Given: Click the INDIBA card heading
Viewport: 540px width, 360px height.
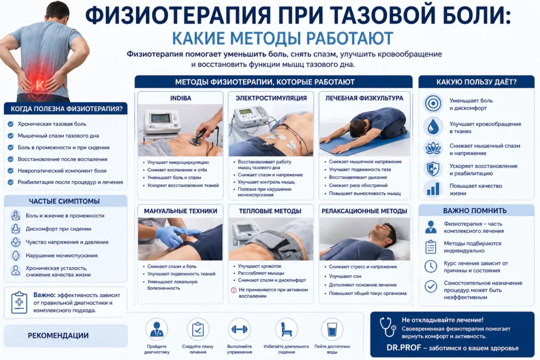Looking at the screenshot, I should (x=180, y=98).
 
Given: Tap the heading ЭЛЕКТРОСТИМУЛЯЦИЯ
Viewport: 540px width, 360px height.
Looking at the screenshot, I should (x=271, y=98).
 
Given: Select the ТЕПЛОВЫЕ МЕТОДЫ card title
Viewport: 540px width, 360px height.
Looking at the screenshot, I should (x=271, y=211).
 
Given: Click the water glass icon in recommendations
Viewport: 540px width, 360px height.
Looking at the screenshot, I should (x=332, y=329).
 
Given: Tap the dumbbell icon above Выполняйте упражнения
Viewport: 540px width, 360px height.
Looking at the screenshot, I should (x=239, y=329).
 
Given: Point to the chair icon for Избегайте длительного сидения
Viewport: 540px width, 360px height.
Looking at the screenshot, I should (x=286, y=329).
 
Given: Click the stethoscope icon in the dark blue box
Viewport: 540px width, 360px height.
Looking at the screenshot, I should (x=388, y=327).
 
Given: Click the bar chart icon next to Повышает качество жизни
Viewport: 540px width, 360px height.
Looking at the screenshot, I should (x=433, y=189).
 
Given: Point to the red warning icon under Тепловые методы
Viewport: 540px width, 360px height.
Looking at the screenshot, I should (x=233, y=290).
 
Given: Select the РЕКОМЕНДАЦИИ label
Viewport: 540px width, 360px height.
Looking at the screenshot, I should (x=58, y=336).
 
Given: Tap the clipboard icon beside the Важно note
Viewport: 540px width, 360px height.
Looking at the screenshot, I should (x=19, y=303).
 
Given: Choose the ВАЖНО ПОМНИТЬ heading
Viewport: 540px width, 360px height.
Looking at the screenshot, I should (x=475, y=210).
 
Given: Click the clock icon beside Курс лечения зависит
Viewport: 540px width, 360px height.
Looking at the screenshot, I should (x=431, y=266).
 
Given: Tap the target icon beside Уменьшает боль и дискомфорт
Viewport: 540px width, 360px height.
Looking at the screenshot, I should (x=433, y=103).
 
